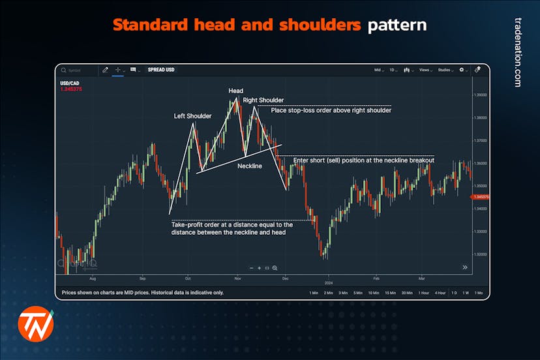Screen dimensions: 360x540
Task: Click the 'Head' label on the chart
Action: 235,91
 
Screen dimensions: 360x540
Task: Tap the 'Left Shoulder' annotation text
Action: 192,116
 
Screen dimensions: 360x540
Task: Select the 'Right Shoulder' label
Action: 263,100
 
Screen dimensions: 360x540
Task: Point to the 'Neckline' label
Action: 249,166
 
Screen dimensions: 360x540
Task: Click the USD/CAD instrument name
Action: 69,83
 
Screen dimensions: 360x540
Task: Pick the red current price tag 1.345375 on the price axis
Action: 481,196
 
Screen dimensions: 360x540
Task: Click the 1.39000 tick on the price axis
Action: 481,95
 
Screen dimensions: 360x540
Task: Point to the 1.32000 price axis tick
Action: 481,254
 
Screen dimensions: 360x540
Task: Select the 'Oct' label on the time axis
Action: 188,277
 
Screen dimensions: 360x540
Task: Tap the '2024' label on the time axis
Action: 329,282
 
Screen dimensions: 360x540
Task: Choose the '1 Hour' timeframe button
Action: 424,293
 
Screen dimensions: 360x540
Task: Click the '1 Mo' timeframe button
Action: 479,293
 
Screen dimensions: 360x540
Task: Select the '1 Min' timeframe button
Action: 314,293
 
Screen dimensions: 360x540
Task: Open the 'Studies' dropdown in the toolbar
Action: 445,70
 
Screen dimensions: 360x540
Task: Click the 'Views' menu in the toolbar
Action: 425,70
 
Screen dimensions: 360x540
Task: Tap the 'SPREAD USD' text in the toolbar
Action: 162,70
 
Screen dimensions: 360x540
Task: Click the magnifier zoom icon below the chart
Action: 275,268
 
